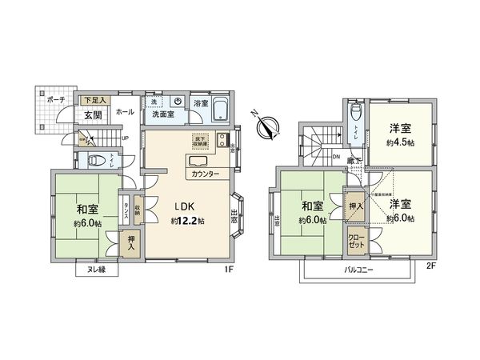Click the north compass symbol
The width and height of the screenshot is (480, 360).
(x=267, y=124)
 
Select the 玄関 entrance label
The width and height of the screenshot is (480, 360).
(x=91, y=115)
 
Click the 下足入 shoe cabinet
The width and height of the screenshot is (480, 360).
(x=94, y=101)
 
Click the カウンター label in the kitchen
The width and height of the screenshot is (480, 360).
(x=207, y=174)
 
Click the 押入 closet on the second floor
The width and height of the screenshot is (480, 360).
(x=354, y=204)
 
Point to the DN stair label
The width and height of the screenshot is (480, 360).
(x=336, y=157)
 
